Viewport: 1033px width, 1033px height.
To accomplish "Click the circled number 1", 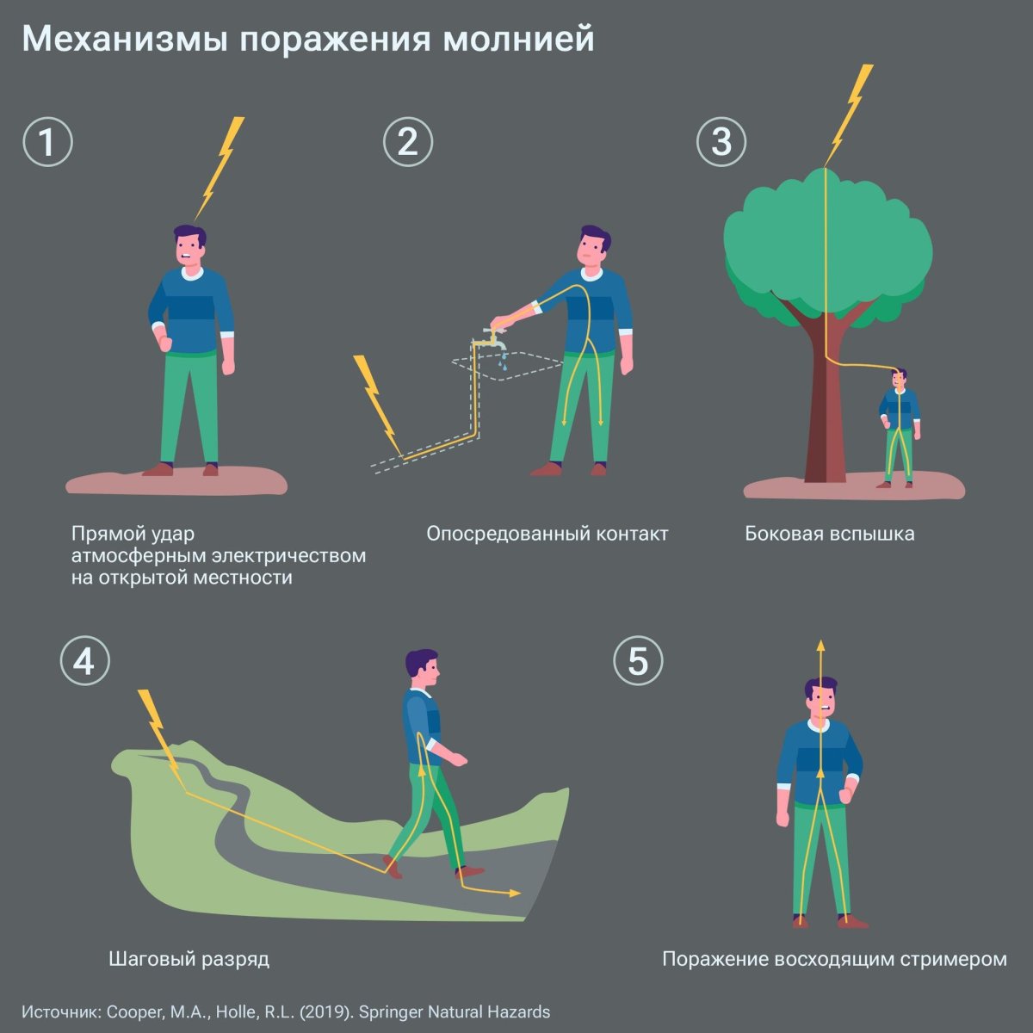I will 47,142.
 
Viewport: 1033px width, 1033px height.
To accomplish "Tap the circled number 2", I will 407,142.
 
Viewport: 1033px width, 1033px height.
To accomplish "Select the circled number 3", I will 721,142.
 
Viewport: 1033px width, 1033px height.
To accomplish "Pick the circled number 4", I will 84,661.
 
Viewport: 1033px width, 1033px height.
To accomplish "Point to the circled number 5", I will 638,661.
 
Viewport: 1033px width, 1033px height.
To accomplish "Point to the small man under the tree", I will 900,426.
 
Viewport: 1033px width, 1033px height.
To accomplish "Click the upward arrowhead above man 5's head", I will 820,645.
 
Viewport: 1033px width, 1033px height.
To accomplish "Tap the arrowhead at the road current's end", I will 515,894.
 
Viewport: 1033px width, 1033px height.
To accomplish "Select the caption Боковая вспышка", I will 829,534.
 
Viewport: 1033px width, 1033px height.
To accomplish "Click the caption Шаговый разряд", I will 189,958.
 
